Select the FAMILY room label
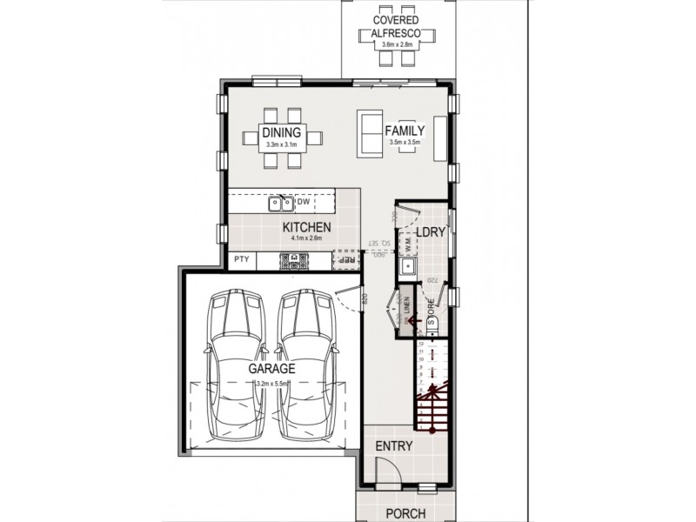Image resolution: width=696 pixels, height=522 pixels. [x=405, y=130]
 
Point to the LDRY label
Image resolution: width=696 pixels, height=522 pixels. [x=431, y=232]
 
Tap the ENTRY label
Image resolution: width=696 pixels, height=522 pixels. [x=393, y=446]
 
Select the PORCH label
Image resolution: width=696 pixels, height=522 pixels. [x=405, y=513]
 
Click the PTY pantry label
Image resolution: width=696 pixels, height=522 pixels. [x=241, y=259]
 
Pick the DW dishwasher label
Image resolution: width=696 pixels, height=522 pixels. [x=304, y=203]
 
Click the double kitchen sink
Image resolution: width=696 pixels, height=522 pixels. [x=280, y=204]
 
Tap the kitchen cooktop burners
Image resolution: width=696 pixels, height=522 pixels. [x=291, y=259]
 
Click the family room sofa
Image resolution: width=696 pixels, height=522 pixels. [x=369, y=135]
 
